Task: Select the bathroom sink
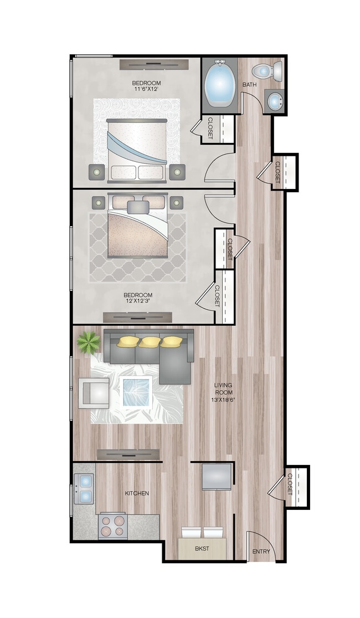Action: [274, 101]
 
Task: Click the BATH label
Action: [250, 85]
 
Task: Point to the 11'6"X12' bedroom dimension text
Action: [146, 89]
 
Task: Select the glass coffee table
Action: [136, 392]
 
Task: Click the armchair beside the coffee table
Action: [94, 393]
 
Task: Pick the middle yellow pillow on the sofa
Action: [148, 342]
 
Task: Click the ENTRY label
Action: [261, 552]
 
